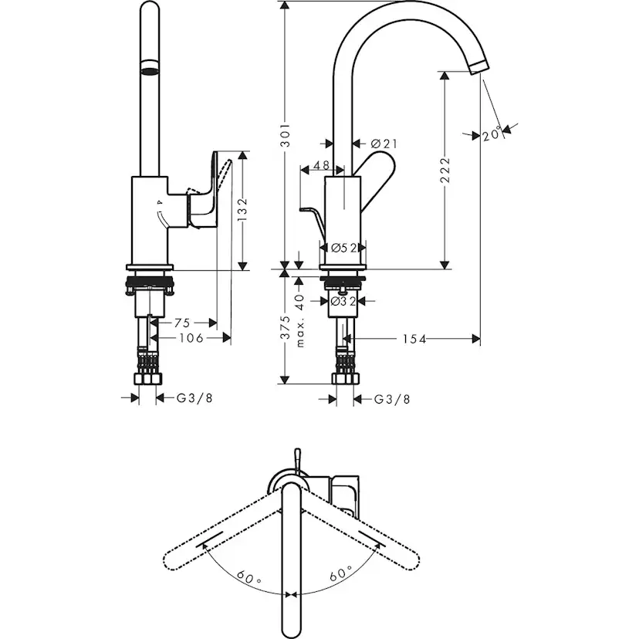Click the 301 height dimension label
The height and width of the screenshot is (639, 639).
(x=286, y=134)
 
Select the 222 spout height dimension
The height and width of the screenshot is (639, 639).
(x=445, y=170)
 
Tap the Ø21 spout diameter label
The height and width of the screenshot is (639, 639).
(x=384, y=144)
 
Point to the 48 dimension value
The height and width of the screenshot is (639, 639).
(x=321, y=165)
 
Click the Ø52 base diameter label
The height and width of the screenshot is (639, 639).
(x=344, y=248)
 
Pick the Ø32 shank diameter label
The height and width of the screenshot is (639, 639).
(x=343, y=301)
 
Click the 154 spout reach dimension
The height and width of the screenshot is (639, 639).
(x=414, y=339)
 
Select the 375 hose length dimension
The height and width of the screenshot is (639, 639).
(x=286, y=327)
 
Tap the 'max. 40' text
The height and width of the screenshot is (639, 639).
(x=300, y=320)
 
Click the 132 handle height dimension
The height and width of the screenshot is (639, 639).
(x=242, y=209)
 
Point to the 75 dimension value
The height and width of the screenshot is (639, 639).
(x=182, y=323)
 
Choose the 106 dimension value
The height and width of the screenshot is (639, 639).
(x=191, y=338)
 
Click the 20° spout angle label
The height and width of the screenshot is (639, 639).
(x=492, y=134)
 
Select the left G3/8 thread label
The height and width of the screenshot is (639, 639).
(x=194, y=397)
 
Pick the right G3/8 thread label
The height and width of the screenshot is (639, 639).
(x=392, y=400)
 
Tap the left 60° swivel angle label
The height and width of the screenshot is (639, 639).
(x=248, y=577)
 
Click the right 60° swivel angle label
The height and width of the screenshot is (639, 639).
(x=340, y=574)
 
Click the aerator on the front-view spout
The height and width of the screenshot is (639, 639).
(x=149, y=68)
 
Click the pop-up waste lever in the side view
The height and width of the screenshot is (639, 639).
(x=313, y=223)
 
